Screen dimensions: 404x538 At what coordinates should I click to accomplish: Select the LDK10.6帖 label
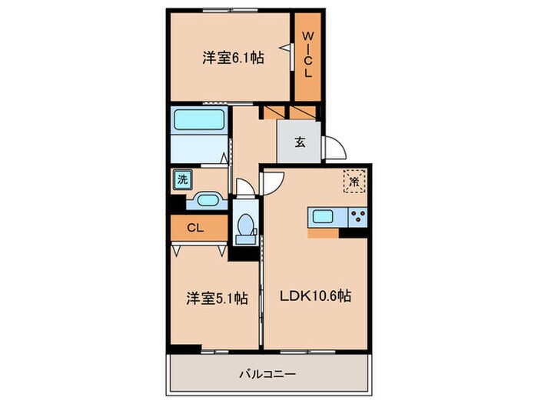pyautogui.click(x=316, y=295)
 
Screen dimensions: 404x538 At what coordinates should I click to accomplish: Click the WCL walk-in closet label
pyautogui.click(x=307, y=54)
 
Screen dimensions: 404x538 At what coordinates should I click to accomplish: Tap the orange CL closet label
pyautogui.click(x=195, y=228)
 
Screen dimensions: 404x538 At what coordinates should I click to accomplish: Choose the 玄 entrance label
pyautogui.click(x=298, y=142)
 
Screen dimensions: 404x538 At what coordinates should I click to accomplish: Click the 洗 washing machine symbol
pyautogui.click(x=182, y=179)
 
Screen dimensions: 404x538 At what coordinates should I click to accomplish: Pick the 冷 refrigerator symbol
pyautogui.click(x=354, y=182)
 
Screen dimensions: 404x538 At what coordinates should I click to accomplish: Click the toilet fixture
pyautogui.click(x=246, y=225)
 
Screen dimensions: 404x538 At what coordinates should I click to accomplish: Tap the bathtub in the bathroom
pyautogui.click(x=198, y=120)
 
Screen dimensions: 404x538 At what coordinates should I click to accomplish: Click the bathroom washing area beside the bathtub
pyautogui.click(x=198, y=148)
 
